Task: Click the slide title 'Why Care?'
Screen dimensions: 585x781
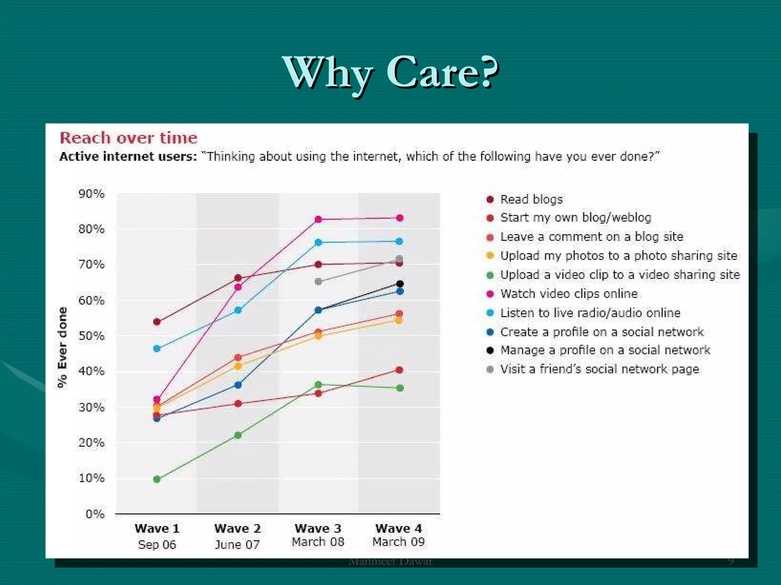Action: pyautogui.click(x=390, y=72)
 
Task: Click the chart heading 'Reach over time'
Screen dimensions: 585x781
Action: pyautogui.click(x=129, y=138)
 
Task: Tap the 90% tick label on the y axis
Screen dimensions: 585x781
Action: pyautogui.click(x=91, y=194)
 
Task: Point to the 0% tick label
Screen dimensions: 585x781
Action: pyautogui.click(x=95, y=514)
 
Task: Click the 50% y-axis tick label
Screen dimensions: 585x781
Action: pyautogui.click(x=91, y=336)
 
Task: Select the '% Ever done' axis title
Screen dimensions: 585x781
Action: pyautogui.click(x=62, y=347)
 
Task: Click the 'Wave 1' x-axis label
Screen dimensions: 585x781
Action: pyautogui.click(x=157, y=529)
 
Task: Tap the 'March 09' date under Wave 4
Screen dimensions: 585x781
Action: pyautogui.click(x=399, y=542)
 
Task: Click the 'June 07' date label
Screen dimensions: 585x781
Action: pyautogui.click(x=237, y=545)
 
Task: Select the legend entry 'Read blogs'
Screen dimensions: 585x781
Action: pyautogui.click(x=531, y=199)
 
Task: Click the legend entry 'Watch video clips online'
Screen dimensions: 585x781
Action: pyautogui.click(x=569, y=294)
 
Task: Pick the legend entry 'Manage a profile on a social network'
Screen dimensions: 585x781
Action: pyautogui.click(x=605, y=350)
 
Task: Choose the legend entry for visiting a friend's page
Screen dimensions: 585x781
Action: pyautogui.click(x=599, y=369)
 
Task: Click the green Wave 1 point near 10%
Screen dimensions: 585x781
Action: pyautogui.click(x=157, y=479)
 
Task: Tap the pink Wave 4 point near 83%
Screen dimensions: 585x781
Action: pyautogui.click(x=400, y=218)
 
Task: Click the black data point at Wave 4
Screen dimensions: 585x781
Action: pyautogui.click(x=400, y=284)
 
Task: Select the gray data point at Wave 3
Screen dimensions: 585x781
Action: pyautogui.click(x=318, y=281)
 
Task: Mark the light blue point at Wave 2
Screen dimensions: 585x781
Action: pyautogui.click(x=238, y=310)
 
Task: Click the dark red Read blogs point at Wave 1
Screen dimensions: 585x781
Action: pyautogui.click(x=157, y=322)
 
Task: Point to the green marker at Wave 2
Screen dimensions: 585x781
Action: pyautogui.click(x=238, y=435)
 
